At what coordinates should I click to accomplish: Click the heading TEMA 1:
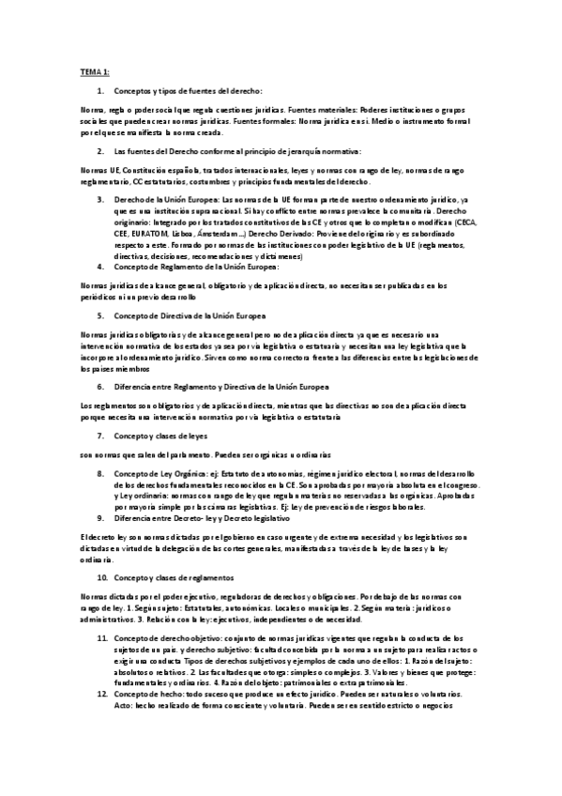[95, 71]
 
